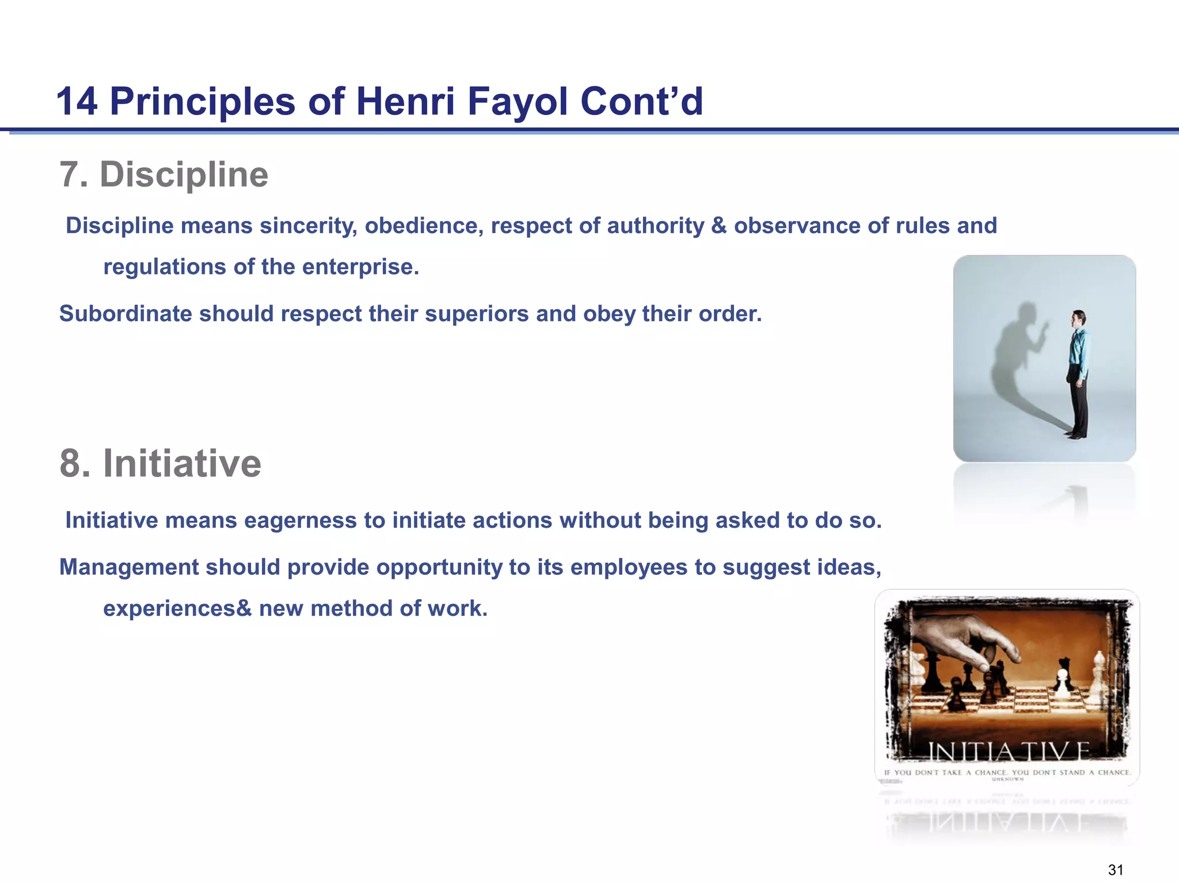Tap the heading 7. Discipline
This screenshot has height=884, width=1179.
[x=164, y=174]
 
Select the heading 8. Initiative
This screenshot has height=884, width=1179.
[x=161, y=463]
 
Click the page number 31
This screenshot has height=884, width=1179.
[x=1116, y=870]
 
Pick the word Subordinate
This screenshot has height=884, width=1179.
[x=125, y=314]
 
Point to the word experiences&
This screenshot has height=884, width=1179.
[x=177, y=608]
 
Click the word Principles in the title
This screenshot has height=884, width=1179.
[x=203, y=102]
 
